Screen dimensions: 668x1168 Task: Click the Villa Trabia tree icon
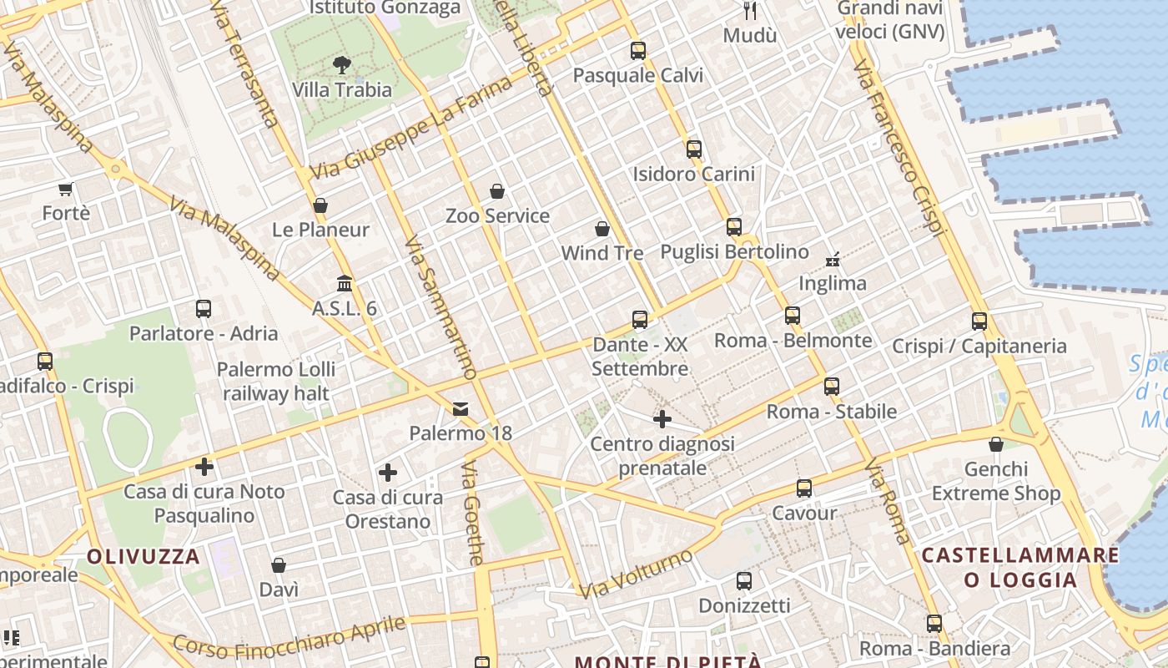(341, 64)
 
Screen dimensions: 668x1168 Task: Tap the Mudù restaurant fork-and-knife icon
(750, 11)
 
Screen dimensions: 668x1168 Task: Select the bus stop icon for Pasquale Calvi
(638, 50)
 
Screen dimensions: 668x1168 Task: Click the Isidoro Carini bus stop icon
(694, 149)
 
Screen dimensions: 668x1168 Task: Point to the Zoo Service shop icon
(497, 191)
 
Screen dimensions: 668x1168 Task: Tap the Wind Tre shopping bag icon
(602, 228)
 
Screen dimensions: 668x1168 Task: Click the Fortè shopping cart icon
(66, 189)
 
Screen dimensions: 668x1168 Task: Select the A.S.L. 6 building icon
(345, 284)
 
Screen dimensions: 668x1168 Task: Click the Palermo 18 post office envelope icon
(461, 409)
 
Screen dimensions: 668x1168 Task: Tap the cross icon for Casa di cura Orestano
(388, 473)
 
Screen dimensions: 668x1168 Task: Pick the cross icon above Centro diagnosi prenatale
(662, 418)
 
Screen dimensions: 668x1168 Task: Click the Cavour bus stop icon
(804, 488)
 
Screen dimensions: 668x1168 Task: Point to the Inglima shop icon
(832, 259)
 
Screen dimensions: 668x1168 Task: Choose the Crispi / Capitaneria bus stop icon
(979, 321)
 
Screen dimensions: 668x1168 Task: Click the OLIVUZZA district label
(143, 556)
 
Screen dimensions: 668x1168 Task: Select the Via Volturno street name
(637, 574)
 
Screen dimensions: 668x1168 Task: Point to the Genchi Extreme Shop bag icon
(996, 444)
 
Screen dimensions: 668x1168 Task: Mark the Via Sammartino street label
(440, 307)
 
